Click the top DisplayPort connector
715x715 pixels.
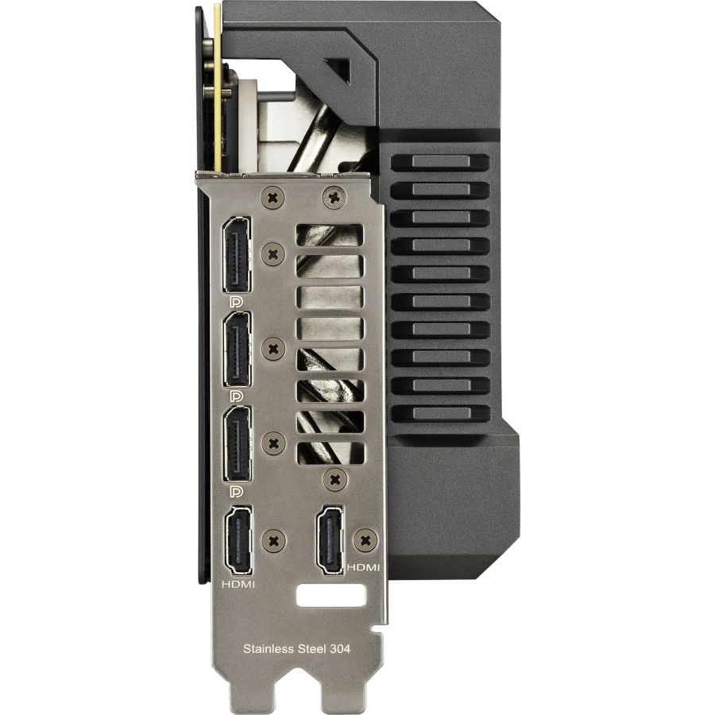[236, 254]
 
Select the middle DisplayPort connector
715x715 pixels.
[237, 350]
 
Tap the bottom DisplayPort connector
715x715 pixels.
[237, 443]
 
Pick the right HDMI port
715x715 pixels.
[330, 539]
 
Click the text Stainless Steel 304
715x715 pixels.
[297, 648]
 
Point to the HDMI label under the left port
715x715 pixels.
[238, 584]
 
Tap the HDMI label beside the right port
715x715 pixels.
[363, 567]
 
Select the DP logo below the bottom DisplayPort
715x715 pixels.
[237, 491]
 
